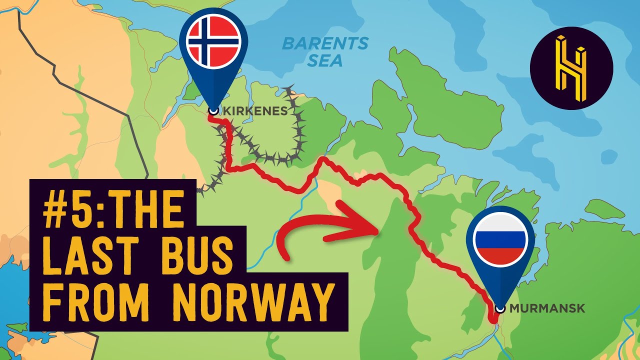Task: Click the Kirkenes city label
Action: tap(254, 111)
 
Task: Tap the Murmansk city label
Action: tap(547, 308)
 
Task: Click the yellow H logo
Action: tap(571, 68)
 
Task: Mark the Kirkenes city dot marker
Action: tap(213, 111)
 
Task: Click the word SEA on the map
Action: tap(325, 61)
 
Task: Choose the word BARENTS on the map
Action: tap(325, 44)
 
